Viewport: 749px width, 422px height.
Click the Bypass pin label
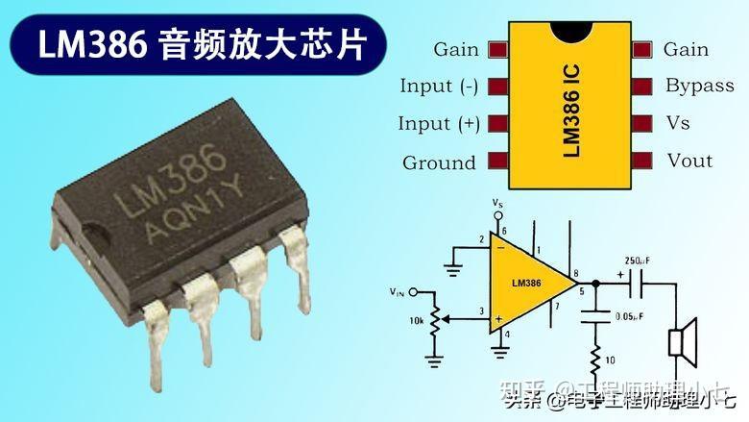point(699,86)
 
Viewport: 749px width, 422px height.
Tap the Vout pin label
point(689,161)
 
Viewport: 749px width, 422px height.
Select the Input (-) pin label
point(439,87)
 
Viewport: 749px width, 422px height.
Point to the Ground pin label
point(439,162)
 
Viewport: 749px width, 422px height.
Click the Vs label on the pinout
point(677,123)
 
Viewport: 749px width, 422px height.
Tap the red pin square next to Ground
point(497,161)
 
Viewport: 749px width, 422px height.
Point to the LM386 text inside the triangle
point(527,283)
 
